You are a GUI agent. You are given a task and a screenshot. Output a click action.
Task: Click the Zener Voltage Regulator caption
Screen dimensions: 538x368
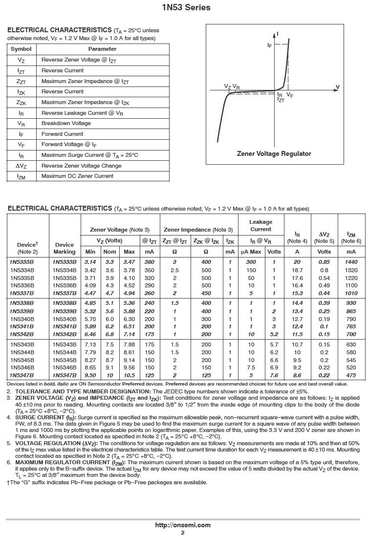coord(274,153)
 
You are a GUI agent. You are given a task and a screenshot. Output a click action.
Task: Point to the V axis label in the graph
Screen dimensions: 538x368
coord(337,87)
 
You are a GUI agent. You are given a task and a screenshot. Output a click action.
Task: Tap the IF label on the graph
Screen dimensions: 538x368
coord(269,45)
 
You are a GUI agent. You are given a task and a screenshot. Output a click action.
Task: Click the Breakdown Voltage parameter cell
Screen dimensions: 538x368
coord(66,123)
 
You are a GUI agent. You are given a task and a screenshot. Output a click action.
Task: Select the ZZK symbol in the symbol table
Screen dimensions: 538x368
coord(21,102)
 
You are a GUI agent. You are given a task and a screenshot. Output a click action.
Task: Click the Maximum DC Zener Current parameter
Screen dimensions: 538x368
coord(77,176)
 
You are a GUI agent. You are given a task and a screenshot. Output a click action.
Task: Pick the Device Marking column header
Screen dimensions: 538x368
coord(65,248)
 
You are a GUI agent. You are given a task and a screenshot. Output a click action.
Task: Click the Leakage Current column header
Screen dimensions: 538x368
coord(260,225)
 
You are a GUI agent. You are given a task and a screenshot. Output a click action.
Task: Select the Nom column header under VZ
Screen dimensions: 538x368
coord(110,252)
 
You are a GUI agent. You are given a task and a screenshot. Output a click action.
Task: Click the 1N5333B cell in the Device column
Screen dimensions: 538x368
coord(22,262)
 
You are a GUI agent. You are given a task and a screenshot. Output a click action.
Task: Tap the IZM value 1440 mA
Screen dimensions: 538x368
coord(351,262)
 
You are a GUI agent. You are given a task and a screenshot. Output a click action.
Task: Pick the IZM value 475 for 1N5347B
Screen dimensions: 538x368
coord(351,375)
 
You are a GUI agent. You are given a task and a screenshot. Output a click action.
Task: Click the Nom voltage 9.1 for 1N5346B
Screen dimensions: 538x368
coord(110,367)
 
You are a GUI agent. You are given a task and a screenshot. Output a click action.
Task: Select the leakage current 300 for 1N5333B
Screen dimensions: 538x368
coord(251,262)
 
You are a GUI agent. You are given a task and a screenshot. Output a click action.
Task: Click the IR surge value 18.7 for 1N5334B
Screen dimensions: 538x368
coord(297,270)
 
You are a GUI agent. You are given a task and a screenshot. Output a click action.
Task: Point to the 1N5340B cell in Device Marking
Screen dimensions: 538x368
coord(65,319)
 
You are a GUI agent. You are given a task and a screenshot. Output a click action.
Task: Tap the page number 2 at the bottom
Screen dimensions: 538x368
coord(183,533)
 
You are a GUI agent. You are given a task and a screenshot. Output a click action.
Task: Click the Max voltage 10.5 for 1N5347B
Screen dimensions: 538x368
coord(129,375)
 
